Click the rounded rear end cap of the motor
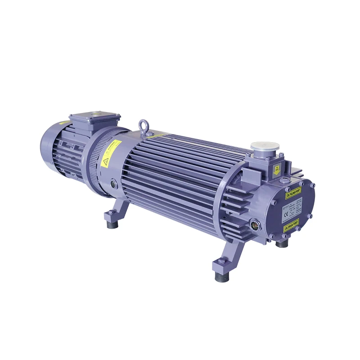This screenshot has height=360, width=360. [48, 148]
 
